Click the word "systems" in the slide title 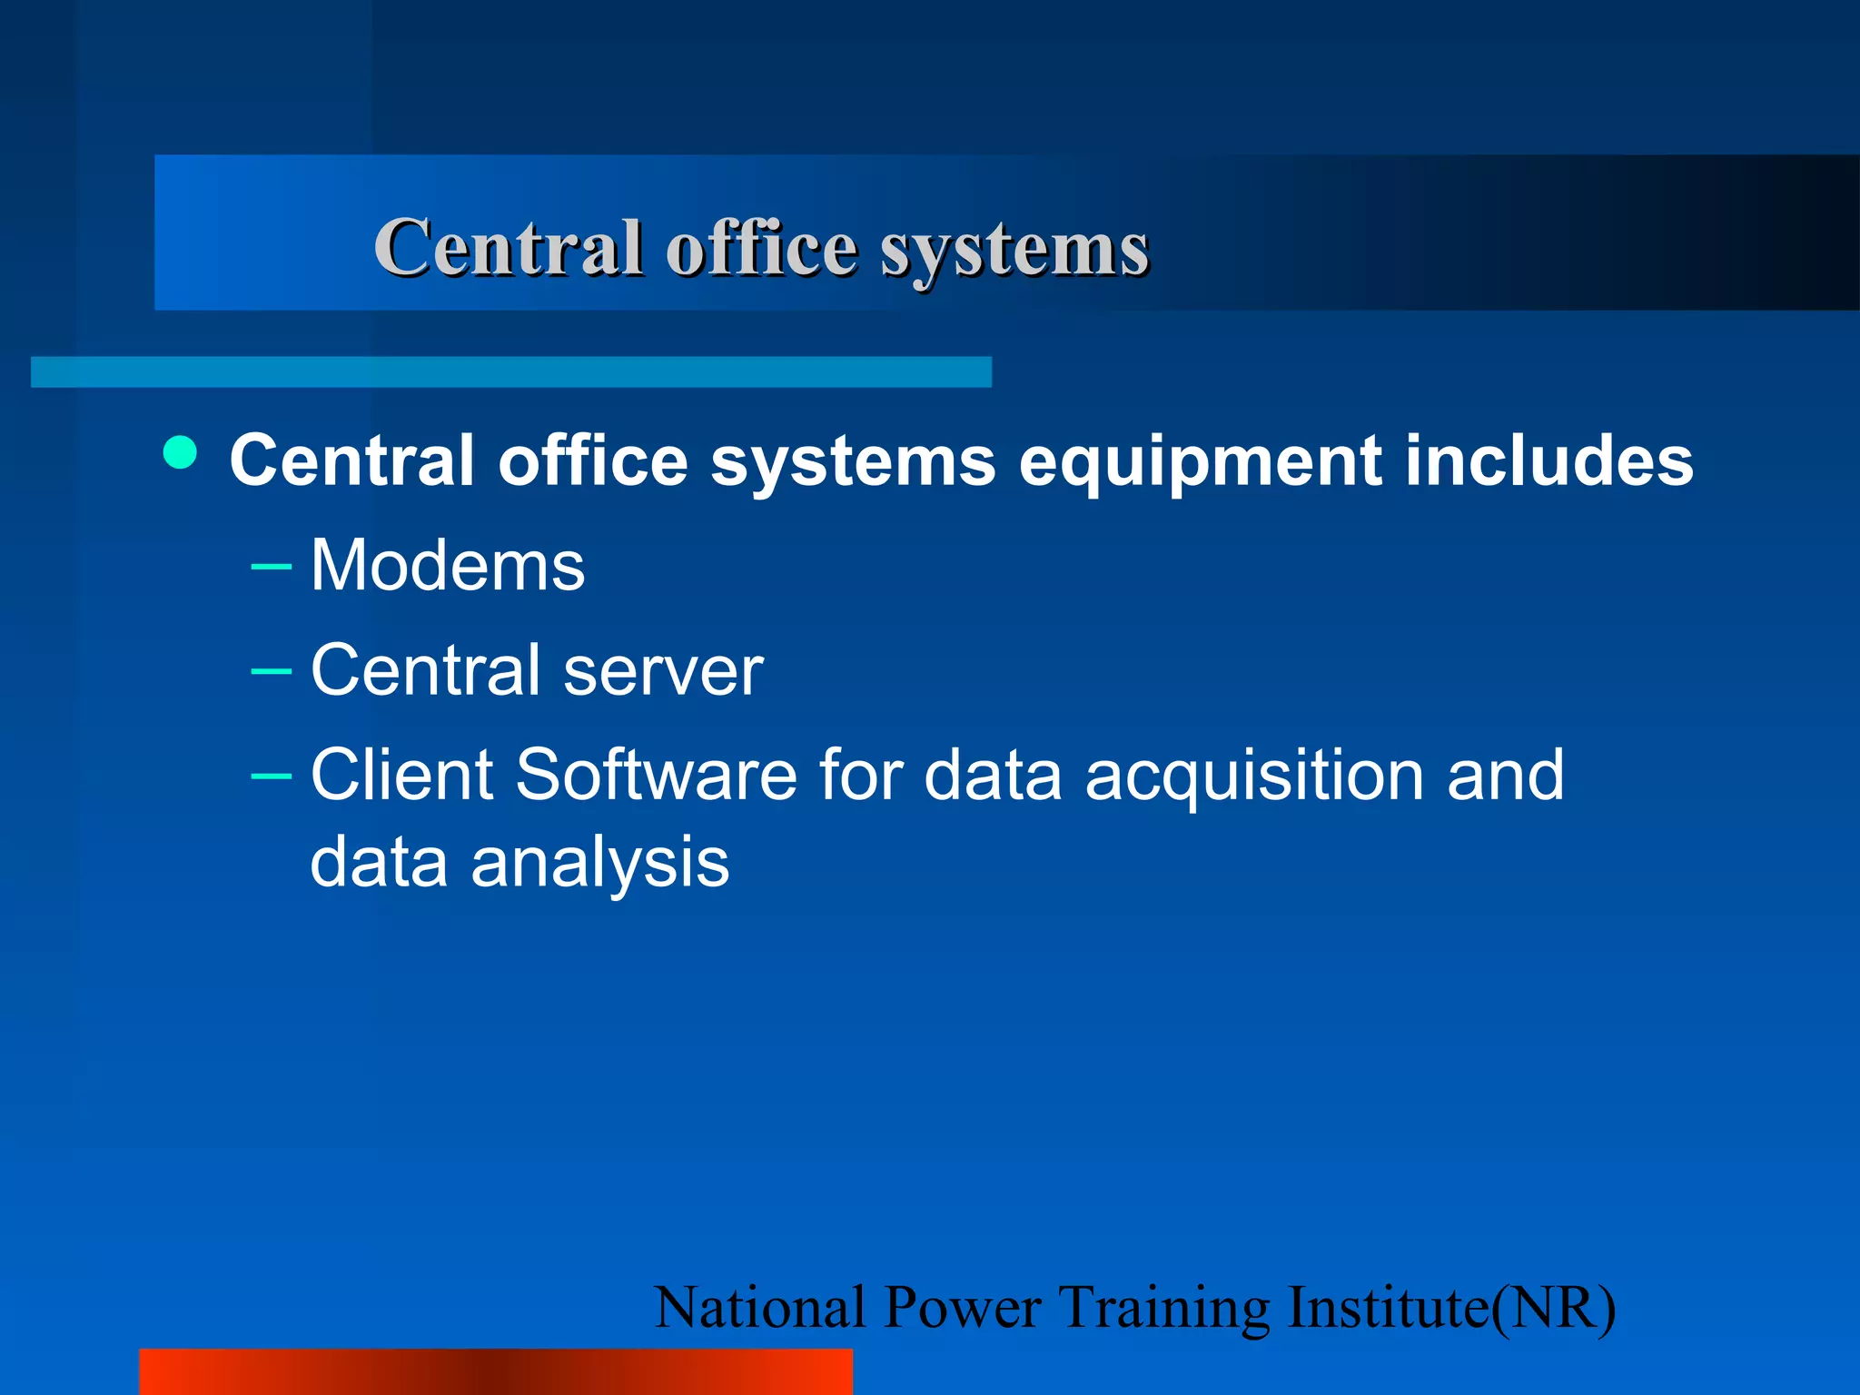pos(1014,249)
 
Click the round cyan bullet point pos(181,452)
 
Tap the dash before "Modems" pos(271,568)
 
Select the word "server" pos(663,670)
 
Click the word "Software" pos(657,775)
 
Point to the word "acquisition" pos(1254,777)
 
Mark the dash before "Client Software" pos(271,777)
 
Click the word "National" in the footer pos(759,1308)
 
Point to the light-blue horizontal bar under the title pos(510,371)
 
